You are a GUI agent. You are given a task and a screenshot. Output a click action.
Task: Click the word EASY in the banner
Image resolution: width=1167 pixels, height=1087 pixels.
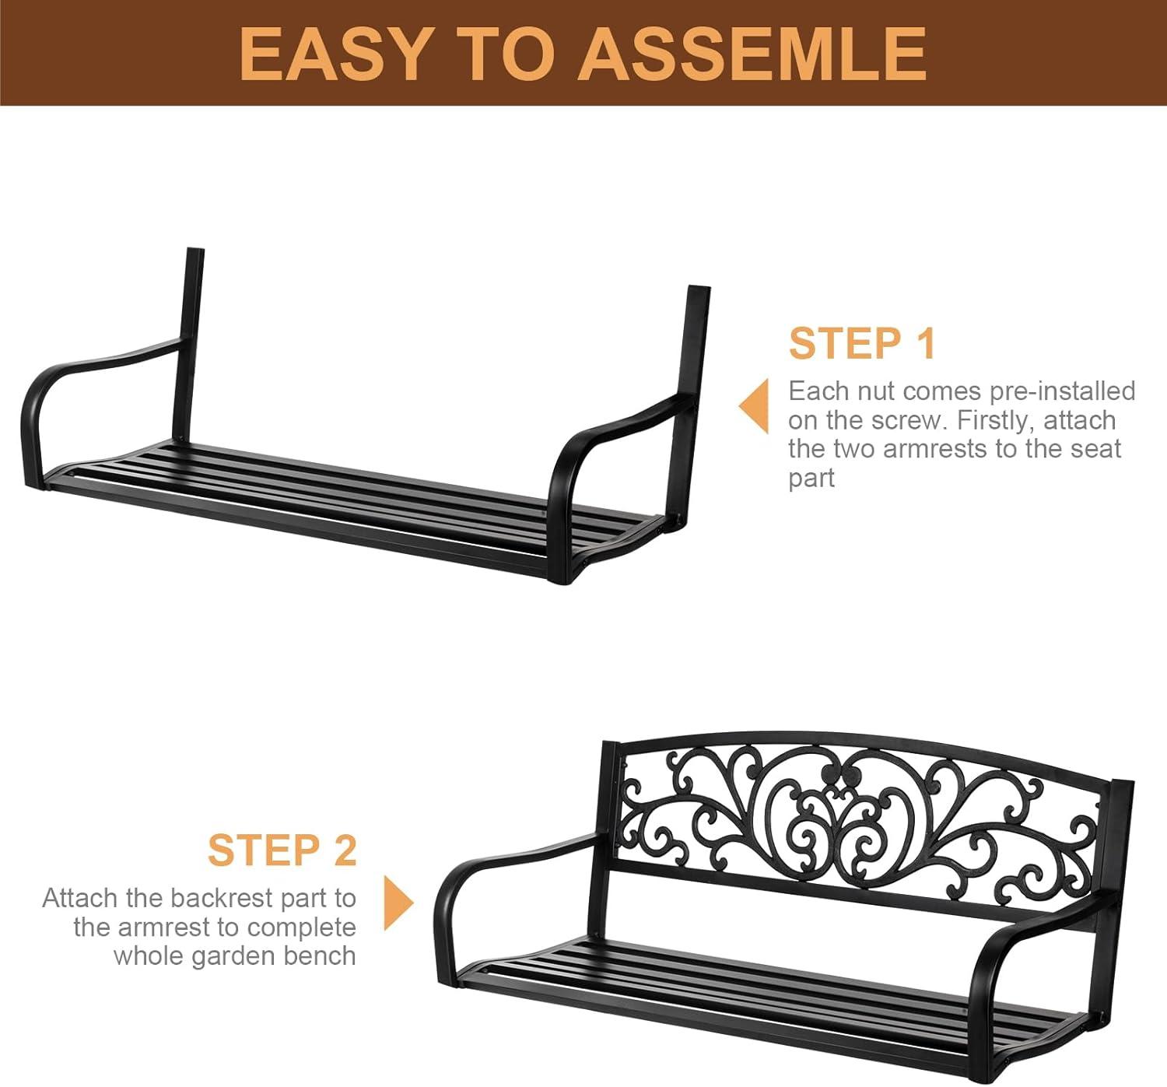(x=333, y=54)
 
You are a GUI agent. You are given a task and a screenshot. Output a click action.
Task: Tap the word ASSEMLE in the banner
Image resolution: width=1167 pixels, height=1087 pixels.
(x=752, y=54)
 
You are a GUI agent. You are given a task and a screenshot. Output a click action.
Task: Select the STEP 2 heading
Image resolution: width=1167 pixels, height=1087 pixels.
(x=282, y=850)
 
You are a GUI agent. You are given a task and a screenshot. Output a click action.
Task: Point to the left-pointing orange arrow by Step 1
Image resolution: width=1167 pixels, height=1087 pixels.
(x=753, y=405)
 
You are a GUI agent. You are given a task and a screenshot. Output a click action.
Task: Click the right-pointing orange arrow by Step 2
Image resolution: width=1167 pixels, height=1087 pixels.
(x=399, y=903)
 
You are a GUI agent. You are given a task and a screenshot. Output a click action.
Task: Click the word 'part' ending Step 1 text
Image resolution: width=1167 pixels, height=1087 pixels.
(x=811, y=479)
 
